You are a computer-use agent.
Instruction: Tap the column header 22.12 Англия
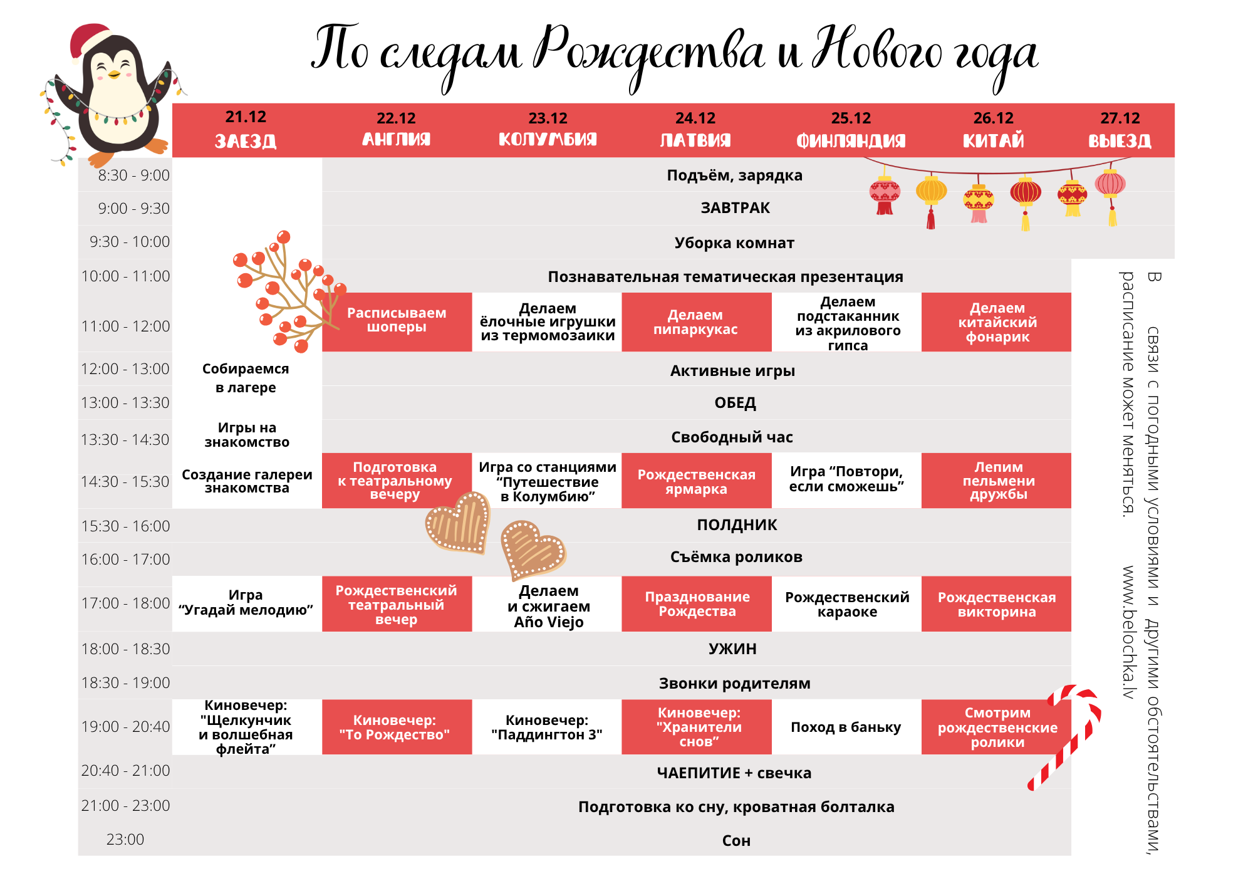396,129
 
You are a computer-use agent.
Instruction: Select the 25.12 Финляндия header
850,129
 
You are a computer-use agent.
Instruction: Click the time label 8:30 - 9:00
133,175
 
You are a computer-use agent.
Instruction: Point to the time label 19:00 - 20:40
125,727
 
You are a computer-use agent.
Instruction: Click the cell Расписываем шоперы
397,320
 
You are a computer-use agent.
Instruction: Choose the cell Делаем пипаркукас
695,322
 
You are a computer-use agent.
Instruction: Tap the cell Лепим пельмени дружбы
998,481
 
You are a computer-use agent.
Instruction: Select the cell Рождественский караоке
847,604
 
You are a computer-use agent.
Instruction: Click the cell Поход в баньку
846,727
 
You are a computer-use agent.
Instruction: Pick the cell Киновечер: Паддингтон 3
547,727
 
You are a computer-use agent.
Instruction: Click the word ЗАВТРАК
735,208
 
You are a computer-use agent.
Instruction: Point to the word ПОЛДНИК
737,525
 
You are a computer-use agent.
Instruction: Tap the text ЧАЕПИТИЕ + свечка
734,773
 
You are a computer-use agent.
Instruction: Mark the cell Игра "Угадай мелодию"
246,603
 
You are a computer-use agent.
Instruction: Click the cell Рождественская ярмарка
696,482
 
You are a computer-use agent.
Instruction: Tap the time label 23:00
125,840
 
